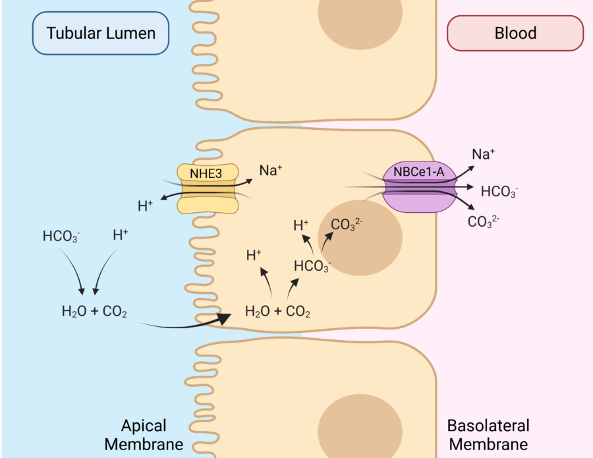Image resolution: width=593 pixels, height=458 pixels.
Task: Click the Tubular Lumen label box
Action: tap(101, 32)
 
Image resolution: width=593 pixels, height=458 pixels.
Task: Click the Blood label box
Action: tap(515, 33)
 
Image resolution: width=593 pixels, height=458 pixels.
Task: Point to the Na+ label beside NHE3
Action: tap(271, 171)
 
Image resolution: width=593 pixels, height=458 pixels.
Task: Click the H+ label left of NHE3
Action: tap(145, 206)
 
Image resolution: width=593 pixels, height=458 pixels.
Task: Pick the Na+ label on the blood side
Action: tap(484, 155)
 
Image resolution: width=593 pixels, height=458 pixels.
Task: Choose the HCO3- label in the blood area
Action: tap(499, 192)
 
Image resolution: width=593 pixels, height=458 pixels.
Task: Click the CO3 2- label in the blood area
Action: tap(483, 221)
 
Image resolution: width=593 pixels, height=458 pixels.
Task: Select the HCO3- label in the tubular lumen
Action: tap(61, 237)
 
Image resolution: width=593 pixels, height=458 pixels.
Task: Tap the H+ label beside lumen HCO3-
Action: tap(121, 235)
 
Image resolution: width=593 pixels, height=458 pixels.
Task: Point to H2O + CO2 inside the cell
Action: tap(277, 311)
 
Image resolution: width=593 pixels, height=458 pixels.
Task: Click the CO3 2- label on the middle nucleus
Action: tap(347, 225)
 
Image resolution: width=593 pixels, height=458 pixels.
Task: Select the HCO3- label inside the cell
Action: tap(312, 267)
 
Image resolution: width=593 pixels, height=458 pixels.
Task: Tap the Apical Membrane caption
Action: tap(144, 434)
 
